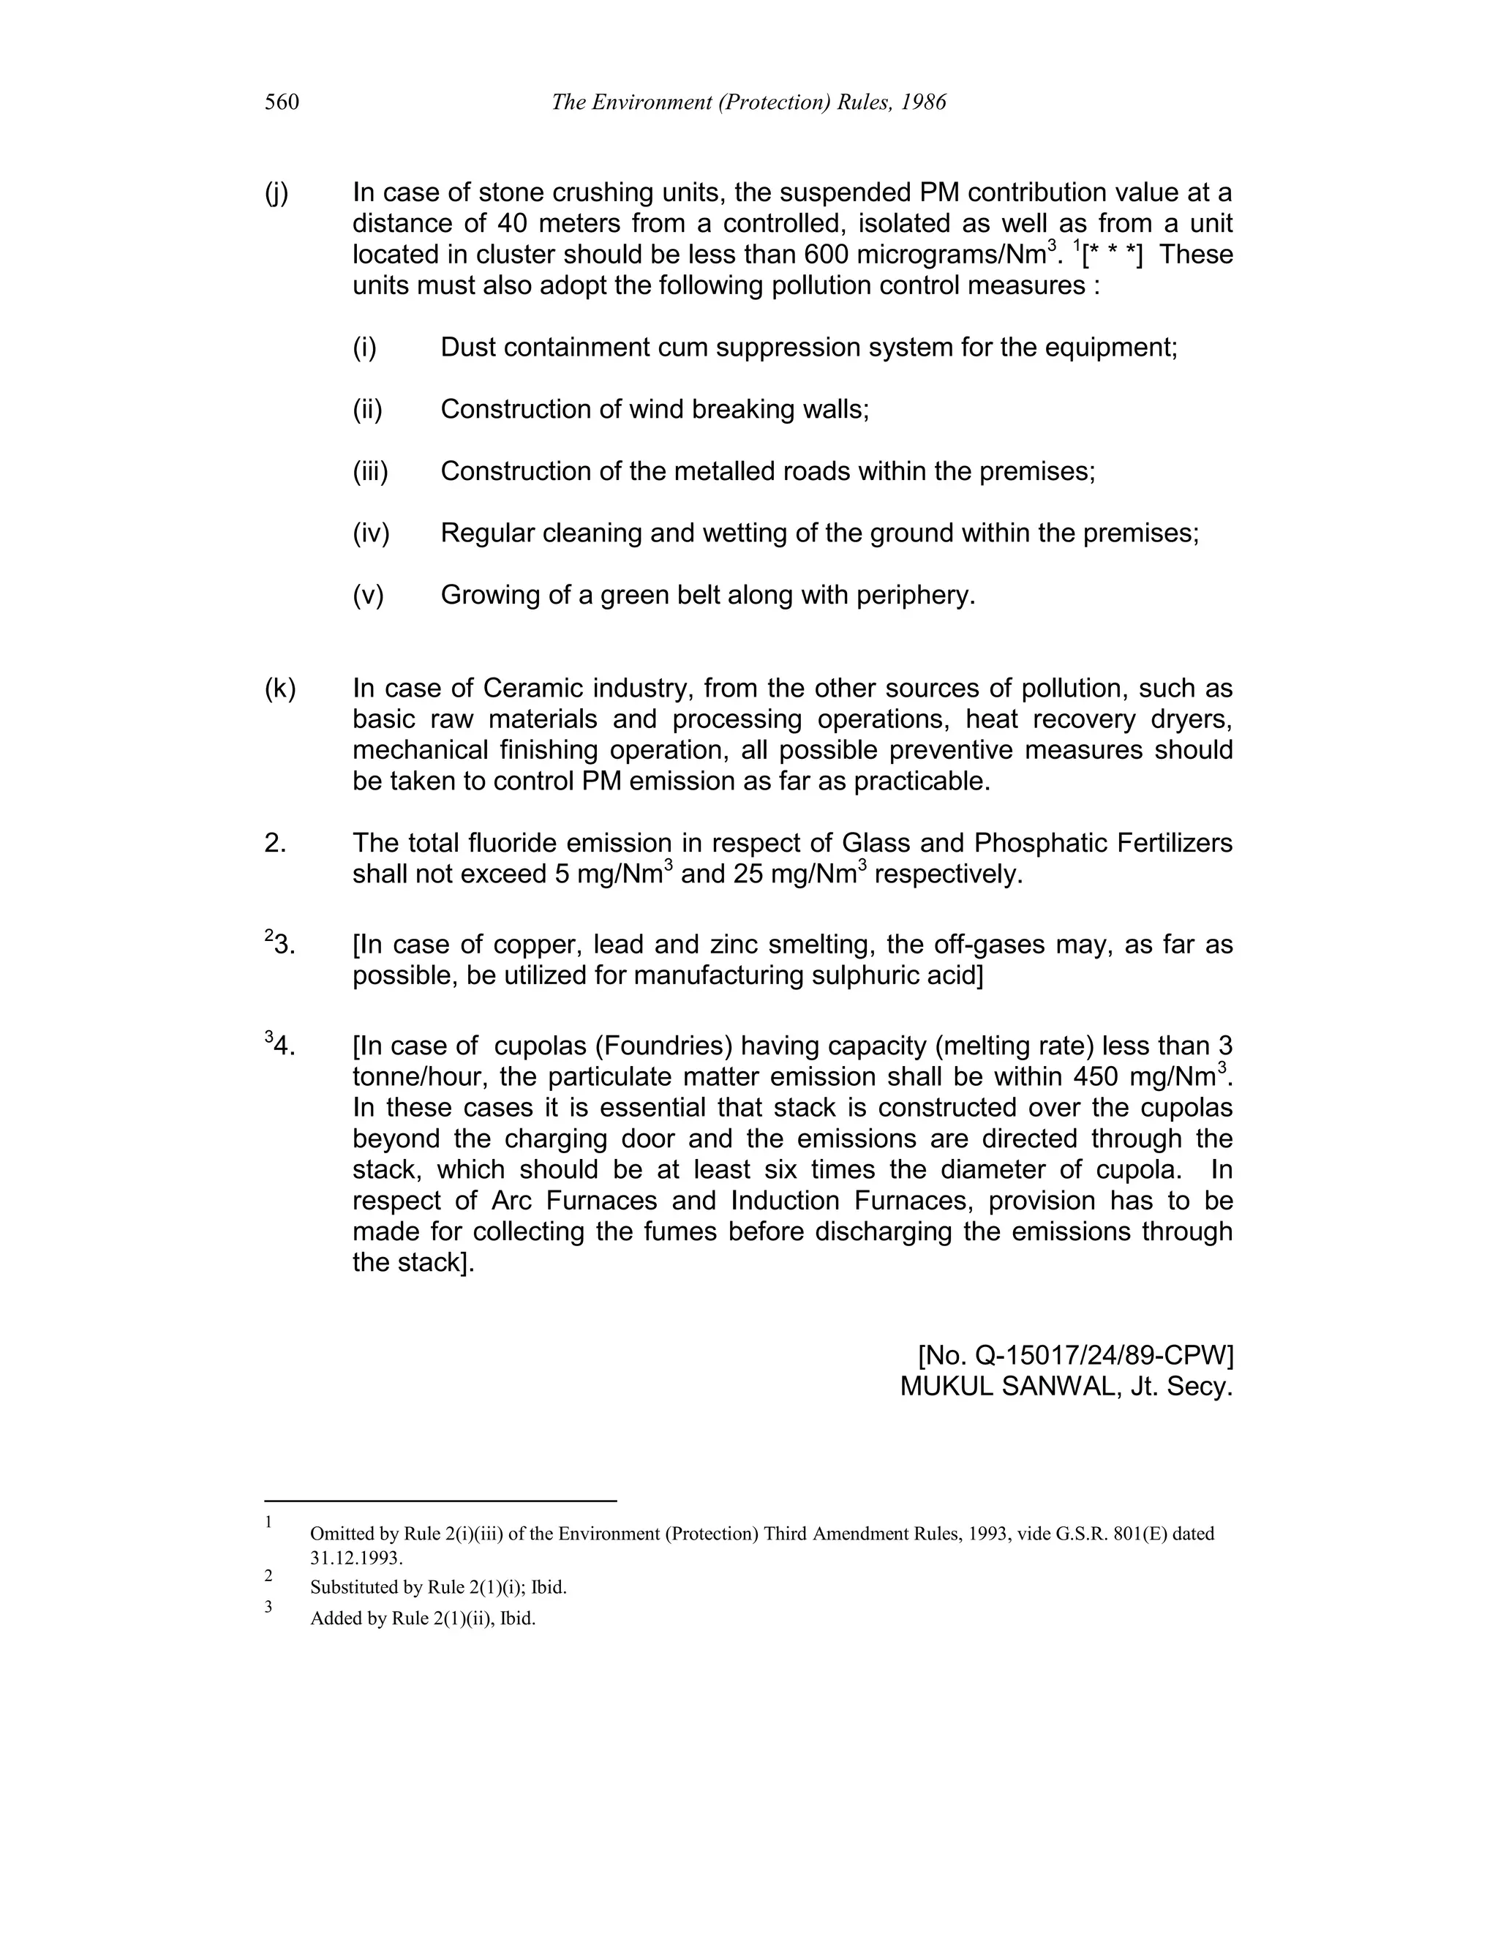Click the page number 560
pyautogui.click(x=282, y=103)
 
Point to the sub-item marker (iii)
pyautogui.click(x=370, y=471)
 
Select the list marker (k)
pyautogui.click(x=279, y=689)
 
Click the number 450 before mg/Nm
pyautogui.click(x=1097, y=1078)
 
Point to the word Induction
pyautogui.click(x=786, y=1201)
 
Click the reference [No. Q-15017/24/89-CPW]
pyautogui.click(x=1074, y=1356)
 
